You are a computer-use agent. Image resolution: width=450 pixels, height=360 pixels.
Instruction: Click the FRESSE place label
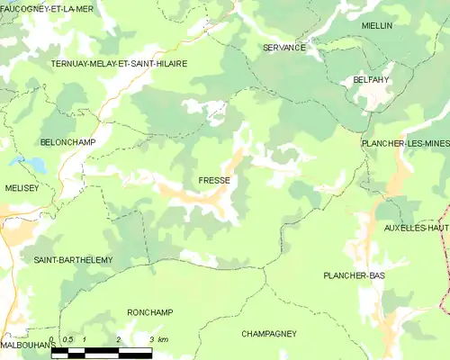tap(214, 181)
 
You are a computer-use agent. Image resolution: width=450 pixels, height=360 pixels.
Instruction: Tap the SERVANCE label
tap(284, 48)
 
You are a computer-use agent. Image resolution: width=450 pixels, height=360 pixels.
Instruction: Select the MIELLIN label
tap(377, 26)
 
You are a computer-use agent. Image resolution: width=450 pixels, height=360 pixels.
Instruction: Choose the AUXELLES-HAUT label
tap(416, 228)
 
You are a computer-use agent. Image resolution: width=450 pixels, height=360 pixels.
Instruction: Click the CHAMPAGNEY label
tap(268, 334)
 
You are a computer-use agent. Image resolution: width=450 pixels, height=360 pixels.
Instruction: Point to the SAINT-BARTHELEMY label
tap(73, 260)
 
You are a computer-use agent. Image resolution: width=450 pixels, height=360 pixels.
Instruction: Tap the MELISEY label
tap(22, 187)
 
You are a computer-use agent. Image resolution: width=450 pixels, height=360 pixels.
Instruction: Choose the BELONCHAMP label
tap(68, 142)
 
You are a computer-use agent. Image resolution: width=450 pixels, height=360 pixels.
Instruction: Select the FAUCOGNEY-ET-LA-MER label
tap(47, 8)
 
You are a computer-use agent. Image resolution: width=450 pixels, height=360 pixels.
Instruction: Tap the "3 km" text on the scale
tap(158, 339)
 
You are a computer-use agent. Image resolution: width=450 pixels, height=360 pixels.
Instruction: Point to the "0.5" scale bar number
tap(67, 339)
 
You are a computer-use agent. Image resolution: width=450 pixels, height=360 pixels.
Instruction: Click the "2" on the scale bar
tap(118, 339)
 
